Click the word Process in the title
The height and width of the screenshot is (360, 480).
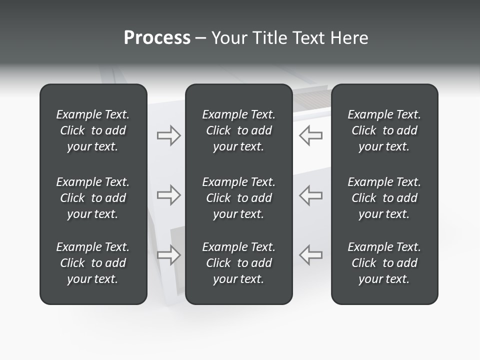[157, 38]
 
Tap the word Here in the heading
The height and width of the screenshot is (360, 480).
[350, 38]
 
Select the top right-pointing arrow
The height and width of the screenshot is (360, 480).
[168, 135]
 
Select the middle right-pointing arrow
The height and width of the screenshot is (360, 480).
[168, 195]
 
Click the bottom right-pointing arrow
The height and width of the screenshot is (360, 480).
[168, 254]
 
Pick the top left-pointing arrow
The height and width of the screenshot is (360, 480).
[311, 135]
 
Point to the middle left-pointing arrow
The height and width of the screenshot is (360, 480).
[311, 195]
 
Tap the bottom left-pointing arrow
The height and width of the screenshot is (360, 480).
[311, 254]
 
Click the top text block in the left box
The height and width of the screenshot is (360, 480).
[93, 130]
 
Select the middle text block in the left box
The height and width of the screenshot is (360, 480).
[93, 198]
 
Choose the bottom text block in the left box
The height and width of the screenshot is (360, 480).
[93, 263]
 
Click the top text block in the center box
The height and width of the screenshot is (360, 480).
[238, 130]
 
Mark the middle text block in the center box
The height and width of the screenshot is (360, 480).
[238, 198]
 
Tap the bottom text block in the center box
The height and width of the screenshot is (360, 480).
[238, 263]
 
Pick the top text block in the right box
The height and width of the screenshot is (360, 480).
[384, 130]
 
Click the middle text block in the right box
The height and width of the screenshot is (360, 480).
[384, 198]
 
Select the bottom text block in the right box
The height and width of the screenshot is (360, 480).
[384, 263]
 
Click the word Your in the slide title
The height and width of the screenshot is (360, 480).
[228, 38]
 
